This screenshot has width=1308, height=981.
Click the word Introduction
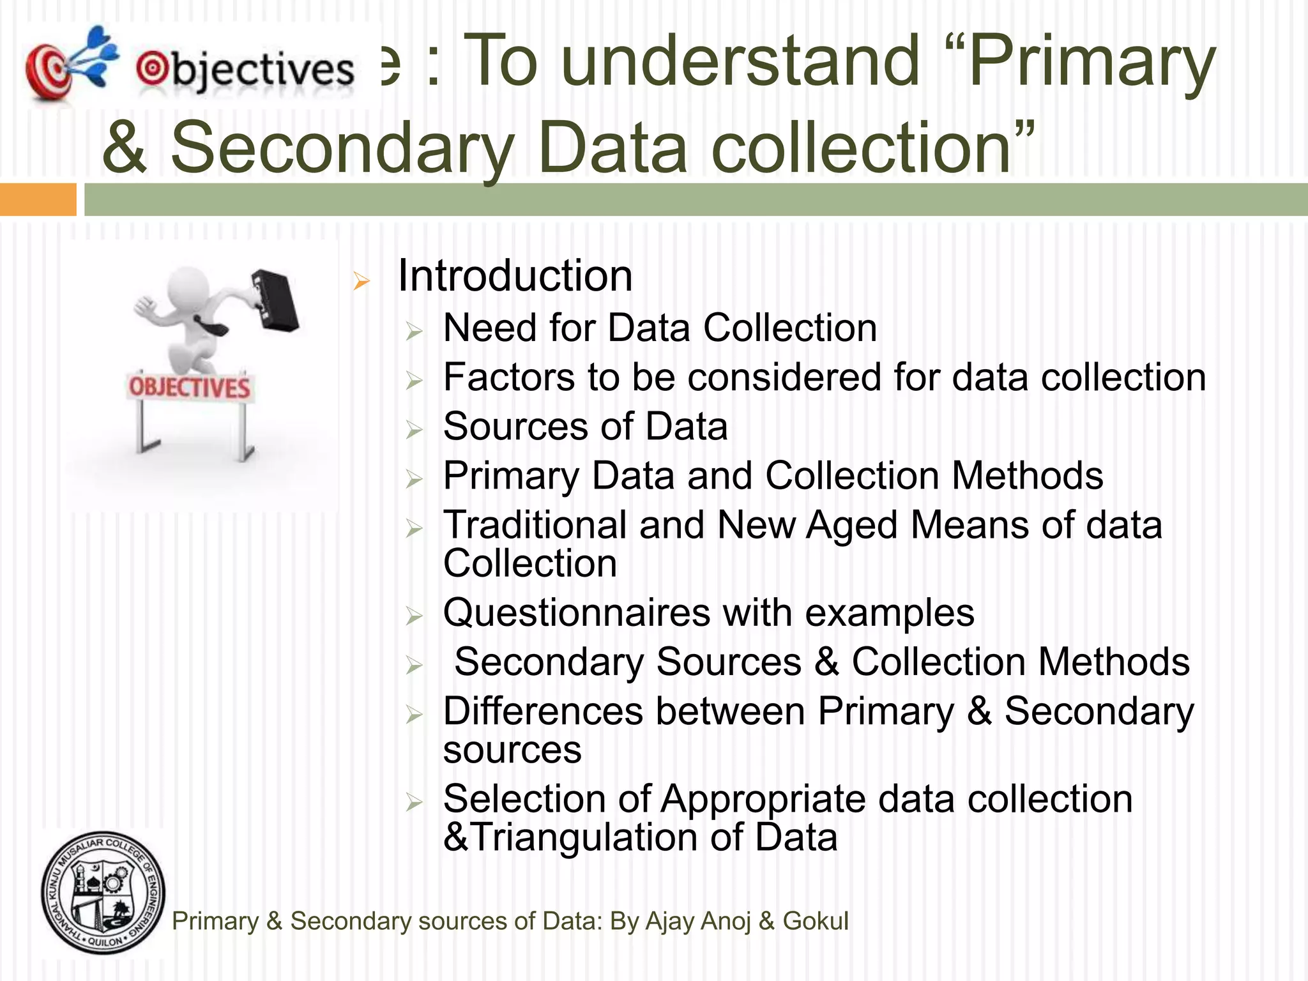tap(515, 276)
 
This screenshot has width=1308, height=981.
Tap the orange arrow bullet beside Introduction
tap(361, 281)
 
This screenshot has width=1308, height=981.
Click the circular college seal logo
tap(103, 893)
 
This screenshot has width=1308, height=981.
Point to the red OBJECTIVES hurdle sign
tap(190, 387)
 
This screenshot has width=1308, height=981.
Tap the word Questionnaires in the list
tap(576, 613)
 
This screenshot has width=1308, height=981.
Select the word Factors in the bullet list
tap(509, 377)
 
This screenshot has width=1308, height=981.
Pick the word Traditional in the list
tap(535, 525)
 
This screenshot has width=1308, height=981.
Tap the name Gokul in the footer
tap(816, 921)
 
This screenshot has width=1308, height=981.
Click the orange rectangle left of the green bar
tap(38, 199)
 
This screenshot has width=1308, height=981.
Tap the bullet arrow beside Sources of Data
tap(414, 430)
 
